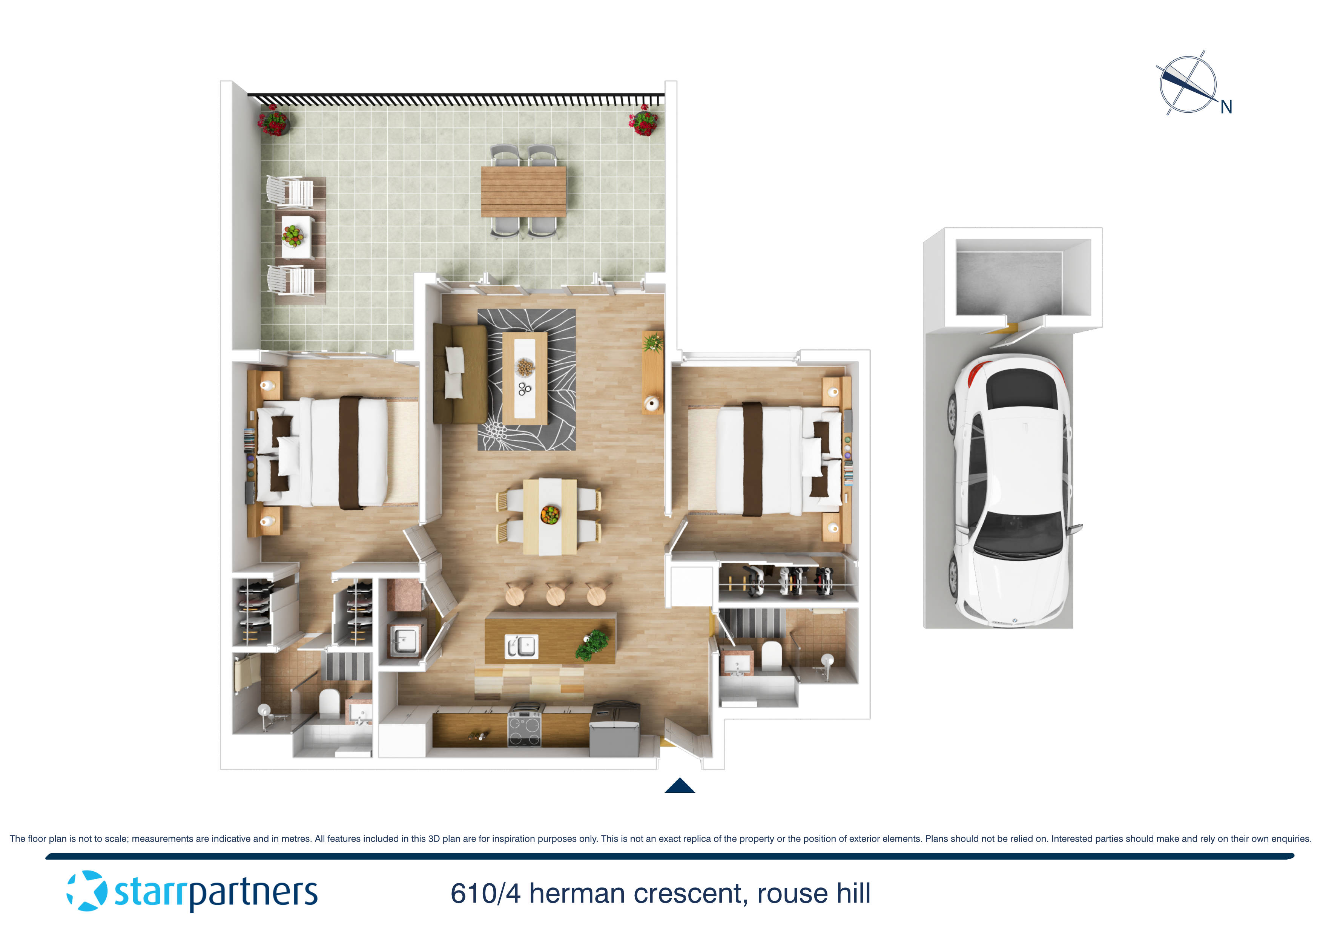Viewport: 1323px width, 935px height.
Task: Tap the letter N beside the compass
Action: [x=1226, y=107]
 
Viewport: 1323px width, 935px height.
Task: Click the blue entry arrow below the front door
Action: [x=680, y=786]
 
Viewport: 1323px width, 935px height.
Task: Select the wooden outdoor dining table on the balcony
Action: [x=523, y=191]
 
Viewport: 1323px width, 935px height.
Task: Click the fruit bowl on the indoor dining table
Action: [x=550, y=514]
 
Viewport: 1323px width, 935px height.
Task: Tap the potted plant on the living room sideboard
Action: [x=653, y=343]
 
